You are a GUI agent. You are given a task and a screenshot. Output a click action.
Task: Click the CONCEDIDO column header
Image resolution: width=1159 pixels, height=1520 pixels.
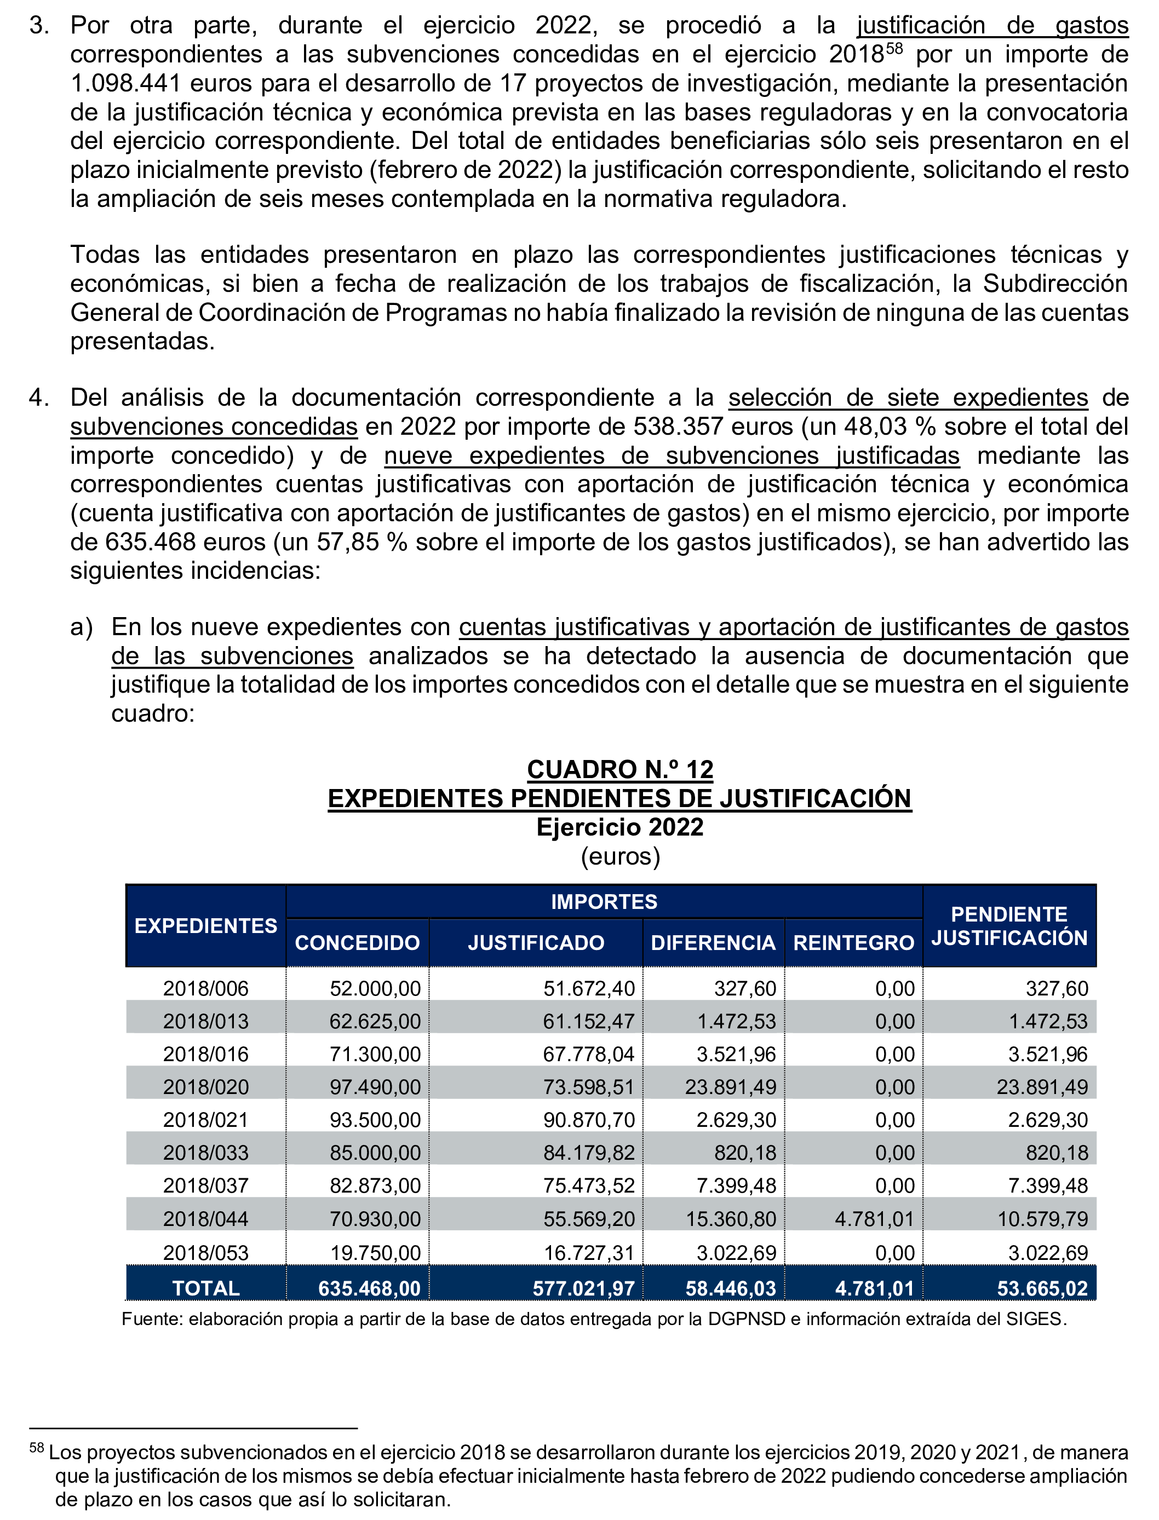[357, 943]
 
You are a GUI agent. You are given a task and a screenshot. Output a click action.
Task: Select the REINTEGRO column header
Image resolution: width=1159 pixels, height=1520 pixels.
[853, 943]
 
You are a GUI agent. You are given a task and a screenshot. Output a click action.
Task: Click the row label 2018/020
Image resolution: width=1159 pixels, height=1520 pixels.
[205, 1087]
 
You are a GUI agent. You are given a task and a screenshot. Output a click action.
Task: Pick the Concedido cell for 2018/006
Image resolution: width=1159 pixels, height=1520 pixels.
[375, 988]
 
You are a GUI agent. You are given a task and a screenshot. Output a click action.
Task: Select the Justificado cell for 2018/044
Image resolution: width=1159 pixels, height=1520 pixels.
[588, 1219]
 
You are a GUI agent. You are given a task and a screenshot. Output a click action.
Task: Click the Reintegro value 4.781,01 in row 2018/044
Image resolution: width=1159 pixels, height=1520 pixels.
[874, 1219]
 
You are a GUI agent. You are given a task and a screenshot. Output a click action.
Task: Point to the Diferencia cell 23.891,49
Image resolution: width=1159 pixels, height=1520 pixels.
[730, 1087]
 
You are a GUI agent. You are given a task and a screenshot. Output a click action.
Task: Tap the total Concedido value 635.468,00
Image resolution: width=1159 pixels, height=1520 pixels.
[369, 1288]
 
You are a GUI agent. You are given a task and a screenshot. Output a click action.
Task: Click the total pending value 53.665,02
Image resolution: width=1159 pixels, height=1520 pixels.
[1042, 1288]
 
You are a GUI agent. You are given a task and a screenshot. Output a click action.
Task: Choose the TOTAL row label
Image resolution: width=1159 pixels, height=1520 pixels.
[205, 1288]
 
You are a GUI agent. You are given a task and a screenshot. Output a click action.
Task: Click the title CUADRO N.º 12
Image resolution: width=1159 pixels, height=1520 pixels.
[619, 769]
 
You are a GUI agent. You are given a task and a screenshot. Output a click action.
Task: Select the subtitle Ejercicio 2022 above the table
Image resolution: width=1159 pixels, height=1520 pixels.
[619, 827]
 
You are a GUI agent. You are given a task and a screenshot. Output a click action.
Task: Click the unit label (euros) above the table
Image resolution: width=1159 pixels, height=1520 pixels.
[619, 856]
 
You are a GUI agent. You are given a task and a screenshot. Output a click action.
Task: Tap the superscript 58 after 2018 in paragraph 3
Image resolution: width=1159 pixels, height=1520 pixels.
[894, 48]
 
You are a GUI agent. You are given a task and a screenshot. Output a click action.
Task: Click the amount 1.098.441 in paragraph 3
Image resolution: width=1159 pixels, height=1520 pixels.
[125, 83]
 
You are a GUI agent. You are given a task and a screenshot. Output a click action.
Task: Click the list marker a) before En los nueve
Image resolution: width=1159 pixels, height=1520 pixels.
[82, 627]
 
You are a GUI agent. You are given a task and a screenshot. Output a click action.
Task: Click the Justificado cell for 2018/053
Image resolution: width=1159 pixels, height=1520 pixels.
[588, 1252]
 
